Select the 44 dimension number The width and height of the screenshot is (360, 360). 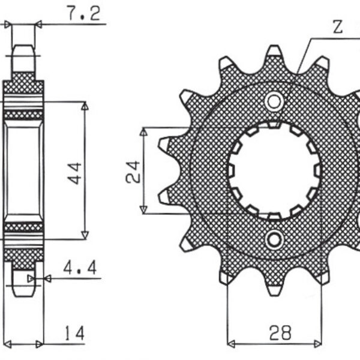pos(75,172)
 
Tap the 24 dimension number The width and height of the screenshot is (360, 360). pos(133,170)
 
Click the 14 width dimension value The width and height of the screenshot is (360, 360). pos(74,332)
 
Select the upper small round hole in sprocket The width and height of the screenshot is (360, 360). pos(274,101)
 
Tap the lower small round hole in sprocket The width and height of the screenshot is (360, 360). pos(274,240)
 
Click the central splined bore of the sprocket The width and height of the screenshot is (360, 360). pos(274,170)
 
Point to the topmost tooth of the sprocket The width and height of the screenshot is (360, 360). pos(274,52)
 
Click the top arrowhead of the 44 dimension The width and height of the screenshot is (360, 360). pos(85,106)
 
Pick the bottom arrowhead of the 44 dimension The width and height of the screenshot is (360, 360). pos(85,235)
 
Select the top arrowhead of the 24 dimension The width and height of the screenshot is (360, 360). pos(143,131)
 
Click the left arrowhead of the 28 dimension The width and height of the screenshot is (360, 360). pos(230,344)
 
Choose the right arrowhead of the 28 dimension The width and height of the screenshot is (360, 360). pos(319,344)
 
